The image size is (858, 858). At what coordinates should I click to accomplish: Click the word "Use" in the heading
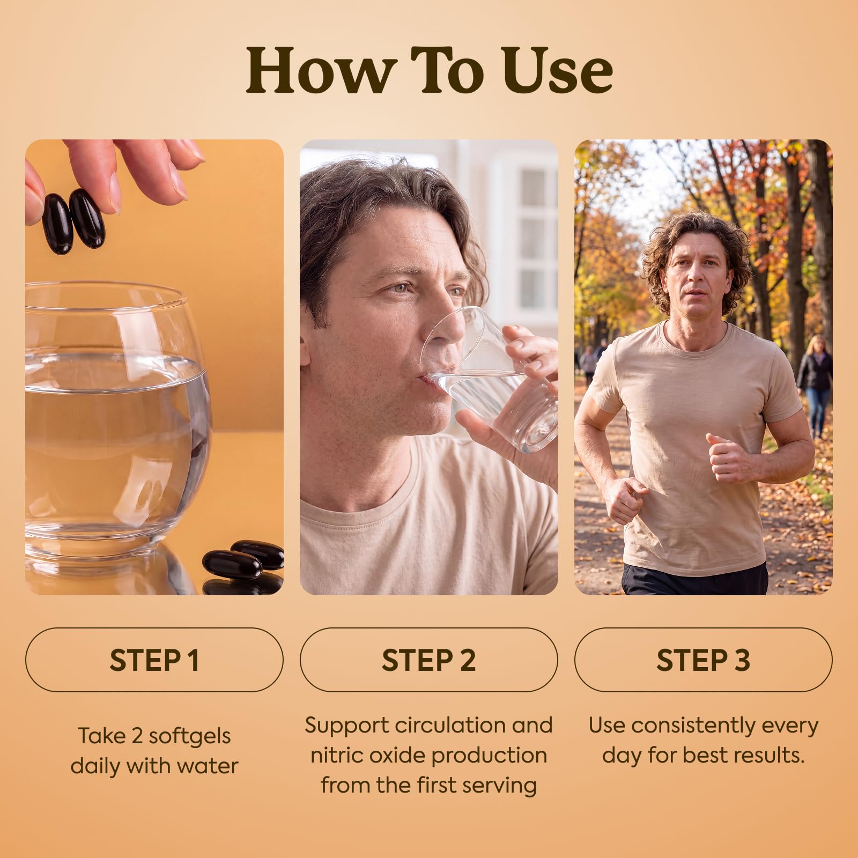(558, 69)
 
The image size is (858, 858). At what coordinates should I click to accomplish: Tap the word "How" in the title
(320, 69)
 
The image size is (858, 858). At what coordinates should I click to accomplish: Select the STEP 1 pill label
(154, 660)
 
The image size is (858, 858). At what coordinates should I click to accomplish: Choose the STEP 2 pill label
(429, 660)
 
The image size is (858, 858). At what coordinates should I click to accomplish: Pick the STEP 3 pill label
(704, 660)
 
